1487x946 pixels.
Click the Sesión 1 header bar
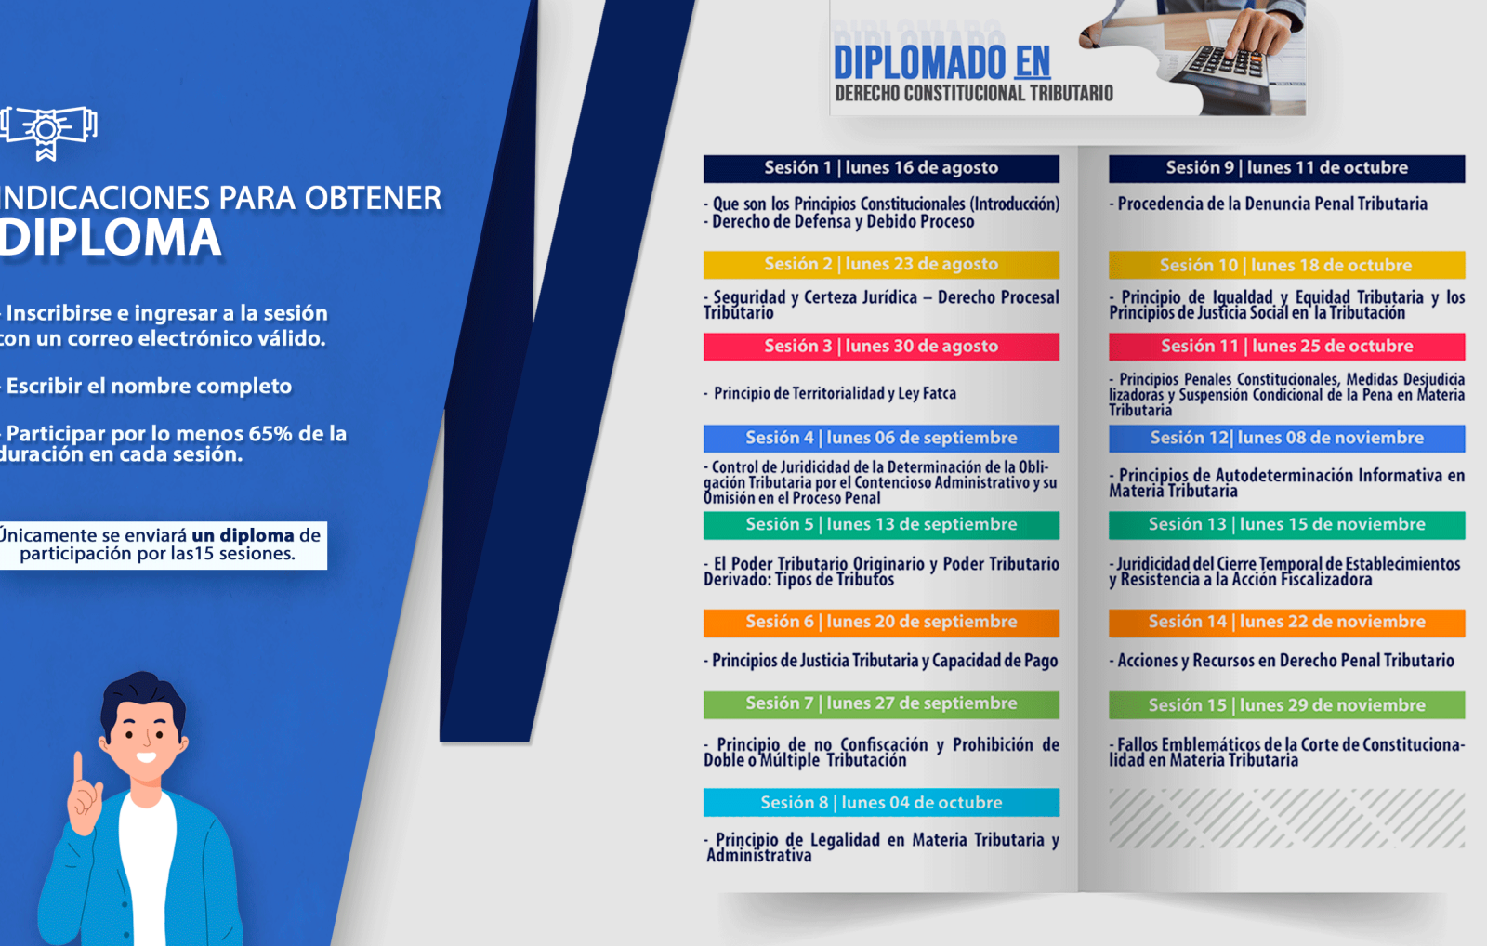click(881, 168)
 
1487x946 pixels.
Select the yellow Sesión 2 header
click(881, 265)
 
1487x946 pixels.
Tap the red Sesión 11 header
click(1286, 347)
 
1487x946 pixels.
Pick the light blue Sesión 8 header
click(881, 803)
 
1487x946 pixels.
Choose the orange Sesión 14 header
click(1286, 623)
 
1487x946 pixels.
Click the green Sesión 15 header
click(1286, 705)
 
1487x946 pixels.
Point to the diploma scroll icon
click(47, 132)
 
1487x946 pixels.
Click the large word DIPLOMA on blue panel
click(111, 238)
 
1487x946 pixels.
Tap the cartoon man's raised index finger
click(78, 768)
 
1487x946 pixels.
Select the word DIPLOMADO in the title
click(919, 63)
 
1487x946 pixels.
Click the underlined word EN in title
click(1033, 63)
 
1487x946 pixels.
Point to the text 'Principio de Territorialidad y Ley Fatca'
click(830, 394)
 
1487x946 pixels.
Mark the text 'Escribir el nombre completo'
click(147, 387)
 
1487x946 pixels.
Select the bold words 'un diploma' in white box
click(243, 535)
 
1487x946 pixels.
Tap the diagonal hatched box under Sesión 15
click(1286, 818)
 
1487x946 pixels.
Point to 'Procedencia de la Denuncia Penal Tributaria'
click(1269, 204)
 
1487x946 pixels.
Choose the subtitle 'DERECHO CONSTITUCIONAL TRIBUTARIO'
click(974, 94)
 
